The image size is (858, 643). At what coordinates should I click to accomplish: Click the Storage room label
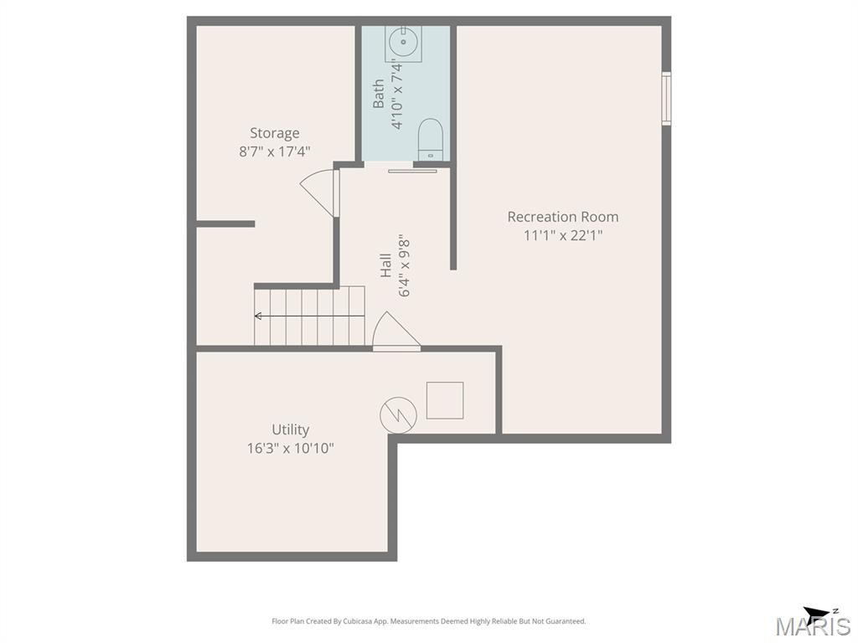click(x=275, y=133)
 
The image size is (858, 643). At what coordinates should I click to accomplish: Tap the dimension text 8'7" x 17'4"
click(x=275, y=152)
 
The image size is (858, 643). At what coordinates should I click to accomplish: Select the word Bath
click(x=379, y=94)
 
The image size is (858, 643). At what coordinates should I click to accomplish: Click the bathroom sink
click(x=404, y=42)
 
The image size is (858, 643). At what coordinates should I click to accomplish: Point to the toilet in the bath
click(x=430, y=140)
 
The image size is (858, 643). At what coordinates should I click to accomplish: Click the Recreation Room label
click(x=563, y=217)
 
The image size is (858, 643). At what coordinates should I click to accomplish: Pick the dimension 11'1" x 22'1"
click(x=563, y=235)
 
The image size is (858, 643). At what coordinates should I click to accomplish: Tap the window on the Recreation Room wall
click(x=666, y=99)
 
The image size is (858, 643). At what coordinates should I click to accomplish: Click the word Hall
click(x=386, y=265)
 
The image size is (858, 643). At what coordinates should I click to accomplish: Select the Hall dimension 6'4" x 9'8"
click(x=405, y=268)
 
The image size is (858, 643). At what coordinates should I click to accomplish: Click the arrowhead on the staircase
click(x=258, y=316)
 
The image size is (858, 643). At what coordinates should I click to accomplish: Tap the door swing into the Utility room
click(x=396, y=332)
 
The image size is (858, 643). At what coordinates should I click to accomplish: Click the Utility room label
click(x=291, y=430)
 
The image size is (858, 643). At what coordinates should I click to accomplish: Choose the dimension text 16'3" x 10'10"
click(x=291, y=449)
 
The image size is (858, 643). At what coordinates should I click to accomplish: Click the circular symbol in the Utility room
click(x=398, y=415)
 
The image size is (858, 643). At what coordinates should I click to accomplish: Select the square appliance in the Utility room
click(x=445, y=400)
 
